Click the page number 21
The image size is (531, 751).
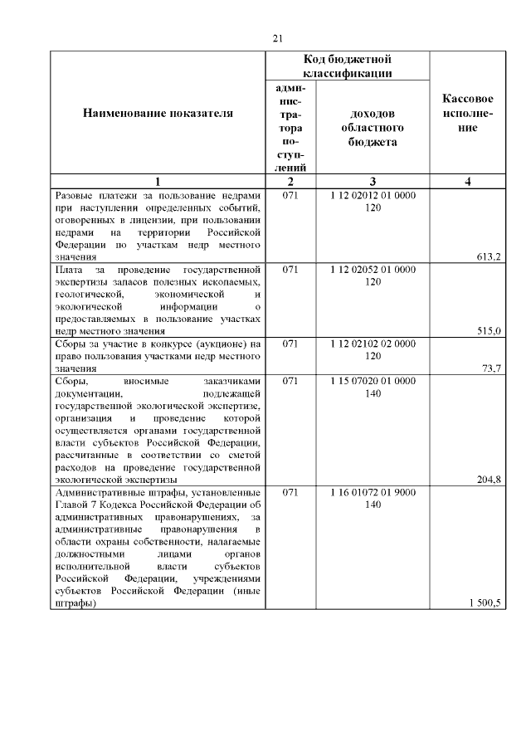tap(277, 38)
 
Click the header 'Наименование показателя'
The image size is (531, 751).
tap(158, 113)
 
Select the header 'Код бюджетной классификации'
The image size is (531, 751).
tap(347, 66)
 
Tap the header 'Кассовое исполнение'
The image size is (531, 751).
tap(468, 113)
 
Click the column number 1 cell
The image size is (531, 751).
tap(158, 182)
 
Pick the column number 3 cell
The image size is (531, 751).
tap(372, 182)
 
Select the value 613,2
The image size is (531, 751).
tap(487, 257)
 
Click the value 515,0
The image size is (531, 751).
tap(487, 332)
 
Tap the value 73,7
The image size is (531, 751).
tap(490, 369)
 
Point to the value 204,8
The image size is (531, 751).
tap(487, 480)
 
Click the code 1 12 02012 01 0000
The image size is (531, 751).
tap(372, 195)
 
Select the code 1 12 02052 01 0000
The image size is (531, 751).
tap(372, 270)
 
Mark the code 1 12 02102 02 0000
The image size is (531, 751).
tap(372, 344)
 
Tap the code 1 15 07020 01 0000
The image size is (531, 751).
tap(372, 381)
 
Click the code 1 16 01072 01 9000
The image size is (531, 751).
tap(372, 492)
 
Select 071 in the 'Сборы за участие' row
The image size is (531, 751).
tap(290, 344)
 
